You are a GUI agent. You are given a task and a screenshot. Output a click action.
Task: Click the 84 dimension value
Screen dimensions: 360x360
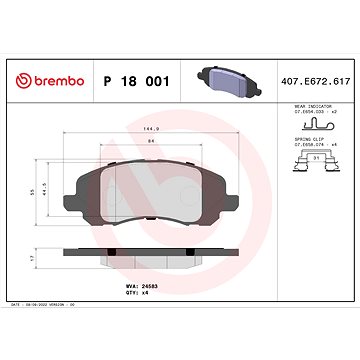[x=151, y=142]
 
